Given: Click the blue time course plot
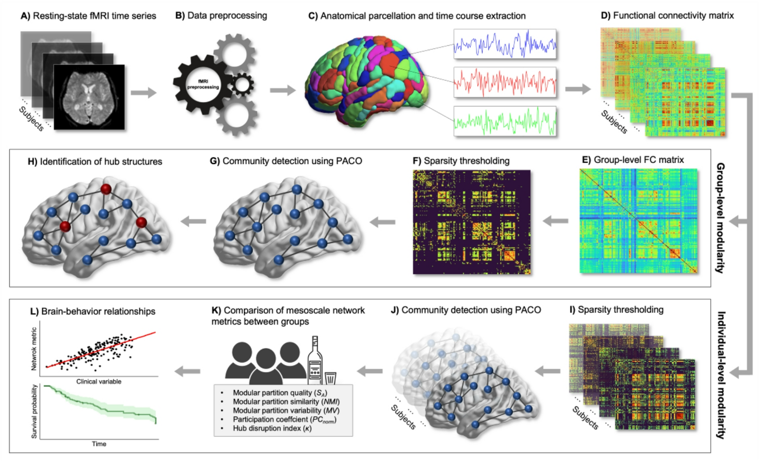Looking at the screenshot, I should (505, 44).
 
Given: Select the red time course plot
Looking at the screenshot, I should (505, 82).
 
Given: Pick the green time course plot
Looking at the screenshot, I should (505, 121).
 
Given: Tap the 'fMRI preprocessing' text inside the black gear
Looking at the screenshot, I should (203, 84).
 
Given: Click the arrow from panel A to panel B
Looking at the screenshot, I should (144, 92).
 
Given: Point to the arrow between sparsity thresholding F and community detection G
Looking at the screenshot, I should (382, 222).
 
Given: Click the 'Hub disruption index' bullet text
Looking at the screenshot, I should (272, 428).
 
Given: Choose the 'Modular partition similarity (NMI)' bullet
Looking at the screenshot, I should (286, 402).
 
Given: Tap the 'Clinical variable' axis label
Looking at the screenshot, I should (99, 382).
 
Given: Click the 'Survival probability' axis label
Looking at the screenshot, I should (34, 411).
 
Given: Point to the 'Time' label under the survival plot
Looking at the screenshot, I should (99, 444).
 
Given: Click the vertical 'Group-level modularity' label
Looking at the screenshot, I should (720, 218).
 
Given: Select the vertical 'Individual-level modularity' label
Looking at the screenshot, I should (721, 375).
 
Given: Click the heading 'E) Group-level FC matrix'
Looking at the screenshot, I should (633, 160).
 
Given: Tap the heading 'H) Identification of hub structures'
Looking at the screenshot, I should (95, 162).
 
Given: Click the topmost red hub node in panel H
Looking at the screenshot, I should (106, 189).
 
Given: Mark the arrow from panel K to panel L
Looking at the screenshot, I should (188, 371).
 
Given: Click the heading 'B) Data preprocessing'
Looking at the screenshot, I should (221, 16).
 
